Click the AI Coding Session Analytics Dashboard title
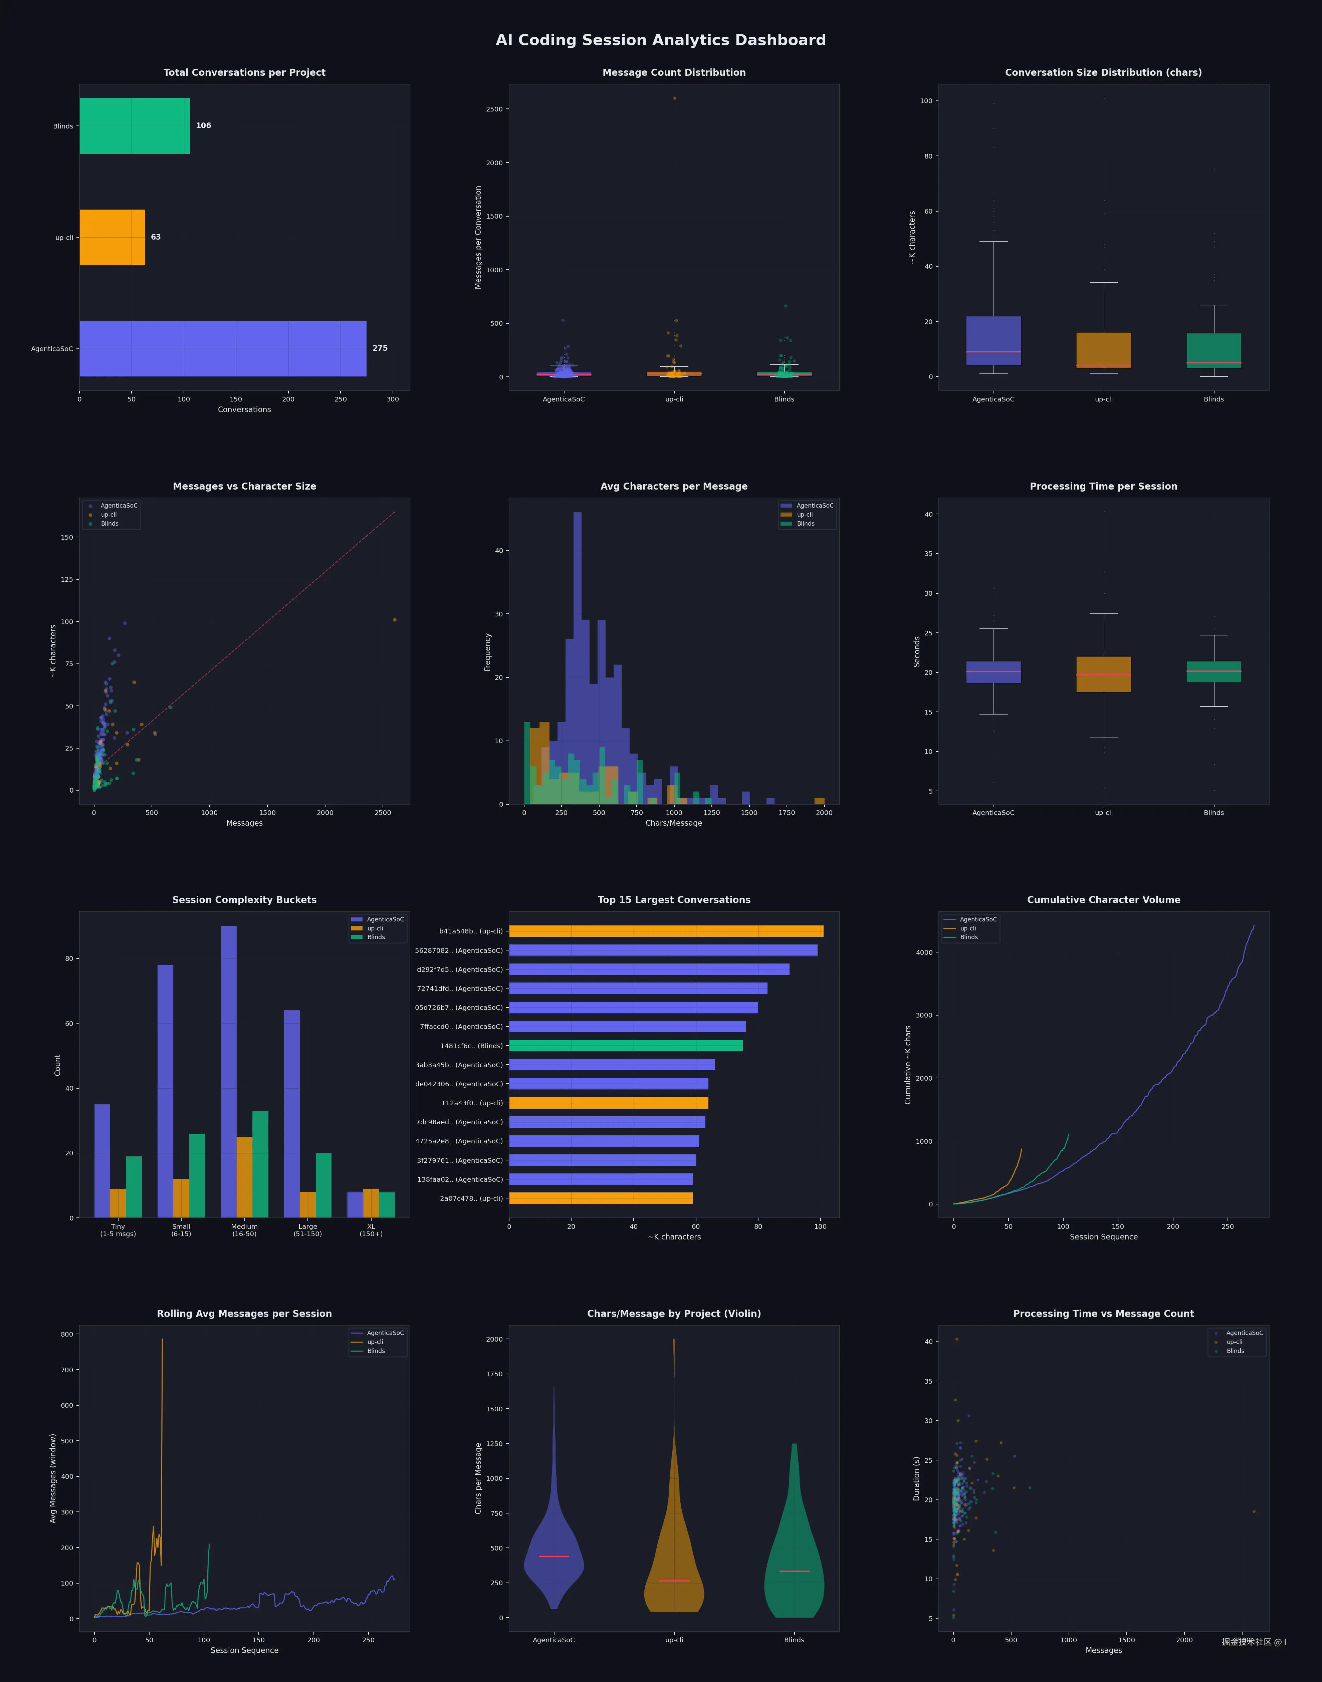[660, 40]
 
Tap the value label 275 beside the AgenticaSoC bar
[380, 348]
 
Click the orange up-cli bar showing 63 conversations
[112, 238]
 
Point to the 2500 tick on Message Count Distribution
[494, 109]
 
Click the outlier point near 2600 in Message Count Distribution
[674, 98]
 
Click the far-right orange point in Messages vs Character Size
[395, 620]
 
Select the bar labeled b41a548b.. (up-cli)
[666, 931]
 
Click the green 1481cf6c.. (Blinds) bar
[625, 1046]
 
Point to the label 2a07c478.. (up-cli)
[471, 1198]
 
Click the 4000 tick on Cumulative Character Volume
[924, 952]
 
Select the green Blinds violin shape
[794, 1563]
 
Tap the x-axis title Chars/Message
[673, 823]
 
